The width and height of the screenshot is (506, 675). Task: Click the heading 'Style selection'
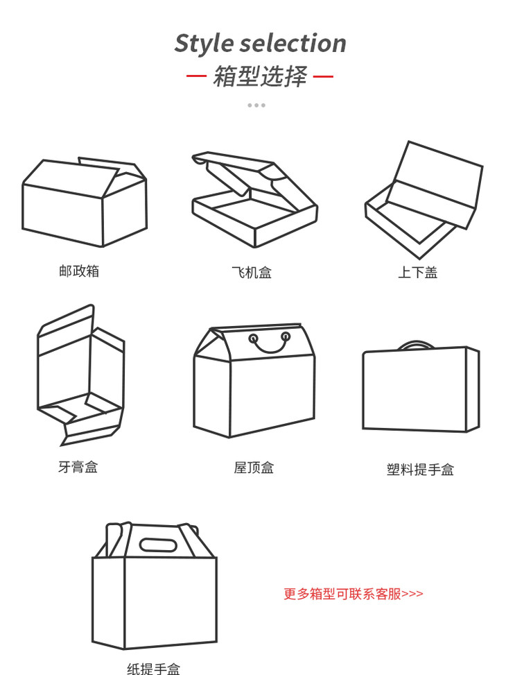[260, 44]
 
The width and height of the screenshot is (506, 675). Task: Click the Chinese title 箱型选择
[260, 76]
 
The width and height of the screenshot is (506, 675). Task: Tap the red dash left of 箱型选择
[196, 76]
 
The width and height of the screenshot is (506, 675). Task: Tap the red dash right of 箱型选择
[323, 76]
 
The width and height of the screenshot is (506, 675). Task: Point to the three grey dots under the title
[256, 105]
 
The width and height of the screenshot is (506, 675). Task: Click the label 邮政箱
[79, 271]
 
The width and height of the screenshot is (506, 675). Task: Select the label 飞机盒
[252, 273]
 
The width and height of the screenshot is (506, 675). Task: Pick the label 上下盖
[418, 273]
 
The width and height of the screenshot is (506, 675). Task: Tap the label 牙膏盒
[78, 467]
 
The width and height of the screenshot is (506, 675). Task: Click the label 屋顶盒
[254, 468]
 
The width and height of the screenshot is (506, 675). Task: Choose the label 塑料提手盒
[420, 469]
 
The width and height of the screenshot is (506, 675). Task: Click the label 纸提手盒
[154, 669]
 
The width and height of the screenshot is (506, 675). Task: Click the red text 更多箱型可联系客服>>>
[354, 594]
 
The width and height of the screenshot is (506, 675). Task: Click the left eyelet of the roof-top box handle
[254, 338]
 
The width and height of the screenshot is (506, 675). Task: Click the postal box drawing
[85, 202]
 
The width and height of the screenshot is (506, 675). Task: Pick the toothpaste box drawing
[80, 375]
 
